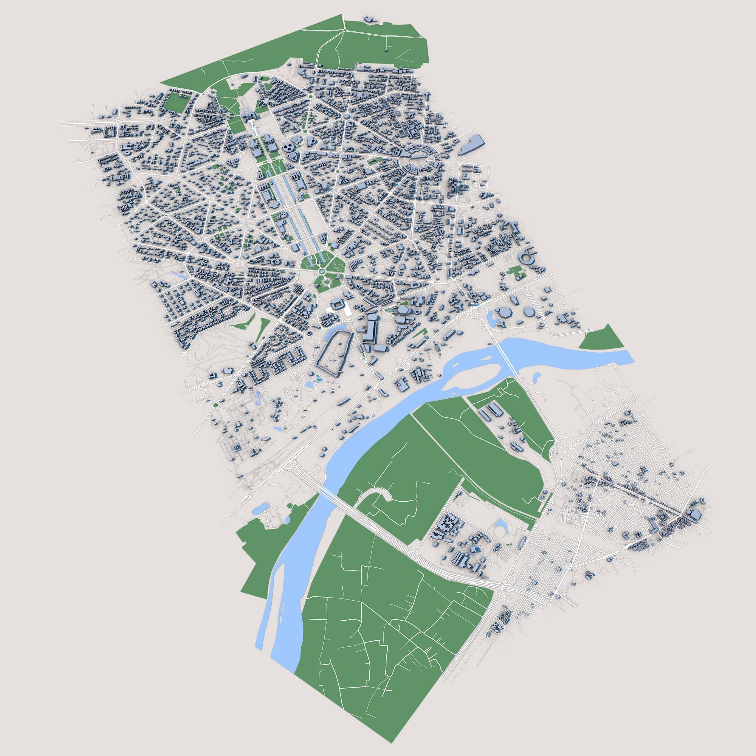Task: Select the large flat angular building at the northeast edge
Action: pyautogui.click(x=472, y=144)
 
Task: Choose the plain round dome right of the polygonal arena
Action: pyautogui.click(x=530, y=312)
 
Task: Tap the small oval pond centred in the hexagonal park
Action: pyautogui.click(x=322, y=271)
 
